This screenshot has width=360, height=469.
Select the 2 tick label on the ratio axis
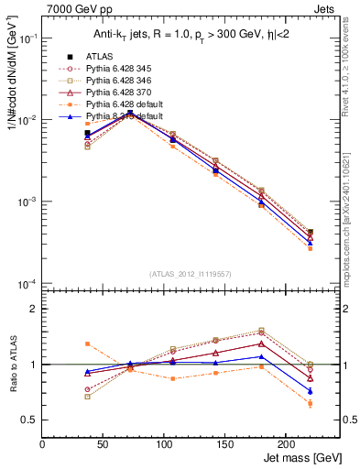(x=34, y=309)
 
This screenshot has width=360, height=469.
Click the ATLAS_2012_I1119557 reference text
(x=190, y=274)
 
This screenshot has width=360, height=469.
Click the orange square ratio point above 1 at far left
(x=87, y=344)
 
